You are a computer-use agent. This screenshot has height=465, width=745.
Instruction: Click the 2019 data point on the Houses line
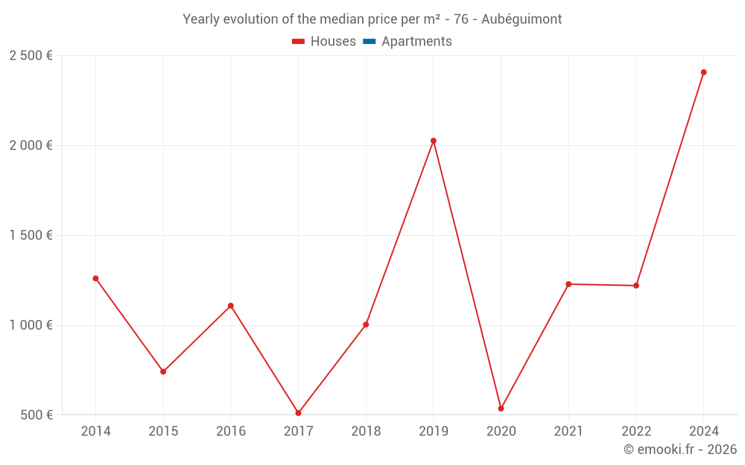[434, 141]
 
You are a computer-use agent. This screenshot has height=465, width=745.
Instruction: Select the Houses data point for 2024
[703, 72]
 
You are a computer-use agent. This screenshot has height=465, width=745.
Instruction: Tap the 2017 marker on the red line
[298, 413]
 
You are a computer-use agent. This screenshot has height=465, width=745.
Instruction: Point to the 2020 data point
[501, 408]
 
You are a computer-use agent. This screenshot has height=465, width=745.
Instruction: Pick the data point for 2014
[95, 278]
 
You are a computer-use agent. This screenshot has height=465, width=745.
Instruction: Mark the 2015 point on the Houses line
[163, 371]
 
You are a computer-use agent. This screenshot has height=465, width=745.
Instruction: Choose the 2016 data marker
[231, 306]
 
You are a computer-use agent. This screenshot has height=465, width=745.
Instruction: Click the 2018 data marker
[366, 324]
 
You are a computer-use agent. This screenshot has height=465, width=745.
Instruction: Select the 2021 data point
[568, 284]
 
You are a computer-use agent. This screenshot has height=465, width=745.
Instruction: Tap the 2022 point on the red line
[636, 286]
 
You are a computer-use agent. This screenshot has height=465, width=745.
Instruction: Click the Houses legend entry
[324, 42]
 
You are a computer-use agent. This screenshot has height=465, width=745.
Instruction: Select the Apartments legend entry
[408, 42]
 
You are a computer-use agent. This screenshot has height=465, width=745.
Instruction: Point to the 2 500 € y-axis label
[31, 56]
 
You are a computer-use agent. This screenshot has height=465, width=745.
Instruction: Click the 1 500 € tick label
[31, 235]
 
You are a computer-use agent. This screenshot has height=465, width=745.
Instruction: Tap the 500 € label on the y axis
[36, 414]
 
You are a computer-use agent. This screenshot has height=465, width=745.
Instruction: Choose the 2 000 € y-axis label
[31, 146]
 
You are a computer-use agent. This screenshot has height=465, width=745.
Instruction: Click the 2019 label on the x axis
[434, 432]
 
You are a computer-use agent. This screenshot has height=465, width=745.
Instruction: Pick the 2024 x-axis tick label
[703, 432]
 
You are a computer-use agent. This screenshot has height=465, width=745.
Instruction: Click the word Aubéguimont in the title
[521, 19]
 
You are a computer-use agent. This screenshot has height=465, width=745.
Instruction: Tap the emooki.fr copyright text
[680, 449]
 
